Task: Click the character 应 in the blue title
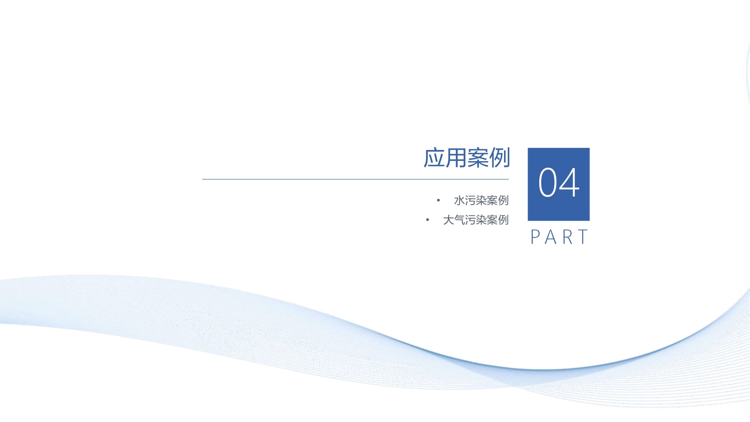434,158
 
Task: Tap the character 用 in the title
456,158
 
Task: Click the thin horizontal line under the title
355,179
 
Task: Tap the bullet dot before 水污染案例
438,200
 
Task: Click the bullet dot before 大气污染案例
427,220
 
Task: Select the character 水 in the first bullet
459,200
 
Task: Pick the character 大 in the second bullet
448,220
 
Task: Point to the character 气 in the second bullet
459,220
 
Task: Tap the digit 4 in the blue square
569,182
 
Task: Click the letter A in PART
550,237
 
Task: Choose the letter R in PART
567,237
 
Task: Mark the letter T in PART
583,237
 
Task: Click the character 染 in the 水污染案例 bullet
481,200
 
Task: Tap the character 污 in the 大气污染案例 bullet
470,220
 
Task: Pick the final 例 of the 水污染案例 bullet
503,200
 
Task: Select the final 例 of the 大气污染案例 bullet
503,220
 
